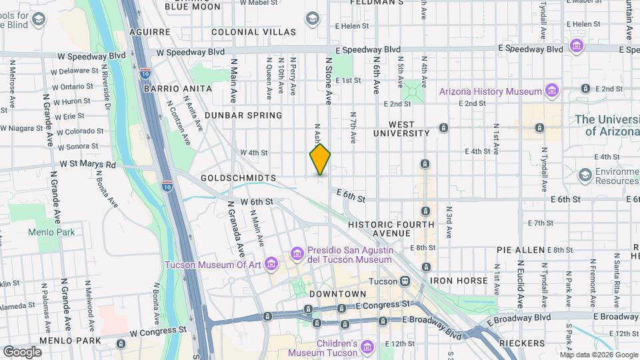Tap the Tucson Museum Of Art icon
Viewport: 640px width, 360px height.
tap(271, 265)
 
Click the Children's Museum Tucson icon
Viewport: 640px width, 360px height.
tap(369, 347)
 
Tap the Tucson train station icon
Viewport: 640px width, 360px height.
tap(404, 281)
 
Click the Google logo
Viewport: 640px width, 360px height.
tap(22, 351)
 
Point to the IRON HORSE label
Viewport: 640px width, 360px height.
tap(459, 281)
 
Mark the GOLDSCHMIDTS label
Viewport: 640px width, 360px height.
tap(238, 179)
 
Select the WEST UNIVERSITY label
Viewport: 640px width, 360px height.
tap(401, 129)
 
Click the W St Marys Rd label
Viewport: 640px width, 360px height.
tap(88, 164)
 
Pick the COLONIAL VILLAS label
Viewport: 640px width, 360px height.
tap(253, 32)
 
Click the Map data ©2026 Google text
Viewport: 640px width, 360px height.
tap(598, 354)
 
